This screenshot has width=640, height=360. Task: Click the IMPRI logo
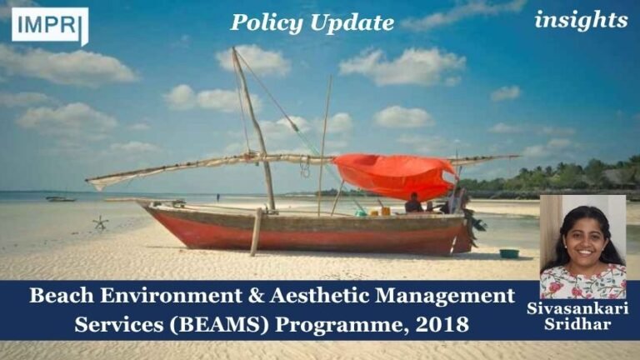pos(49,25)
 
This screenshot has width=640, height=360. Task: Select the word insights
pos(581,20)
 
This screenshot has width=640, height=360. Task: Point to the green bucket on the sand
pos(508,253)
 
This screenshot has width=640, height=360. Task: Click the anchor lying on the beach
pos(101,222)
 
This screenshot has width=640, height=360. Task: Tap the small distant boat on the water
pos(61,198)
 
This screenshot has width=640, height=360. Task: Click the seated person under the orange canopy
pos(413,203)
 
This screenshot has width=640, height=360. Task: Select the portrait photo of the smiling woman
pos(582,247)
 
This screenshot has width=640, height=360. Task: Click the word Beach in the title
pos(62,295)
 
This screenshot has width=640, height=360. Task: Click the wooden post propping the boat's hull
pos(256,231)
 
